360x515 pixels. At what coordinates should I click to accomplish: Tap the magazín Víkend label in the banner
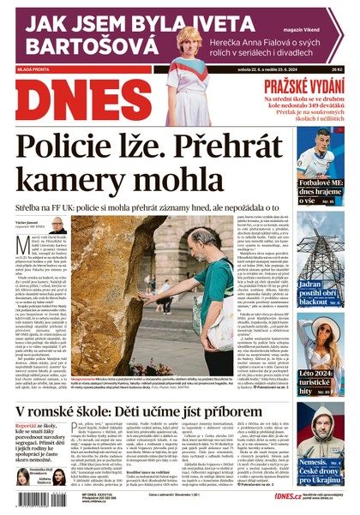click(x=325, y=9)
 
